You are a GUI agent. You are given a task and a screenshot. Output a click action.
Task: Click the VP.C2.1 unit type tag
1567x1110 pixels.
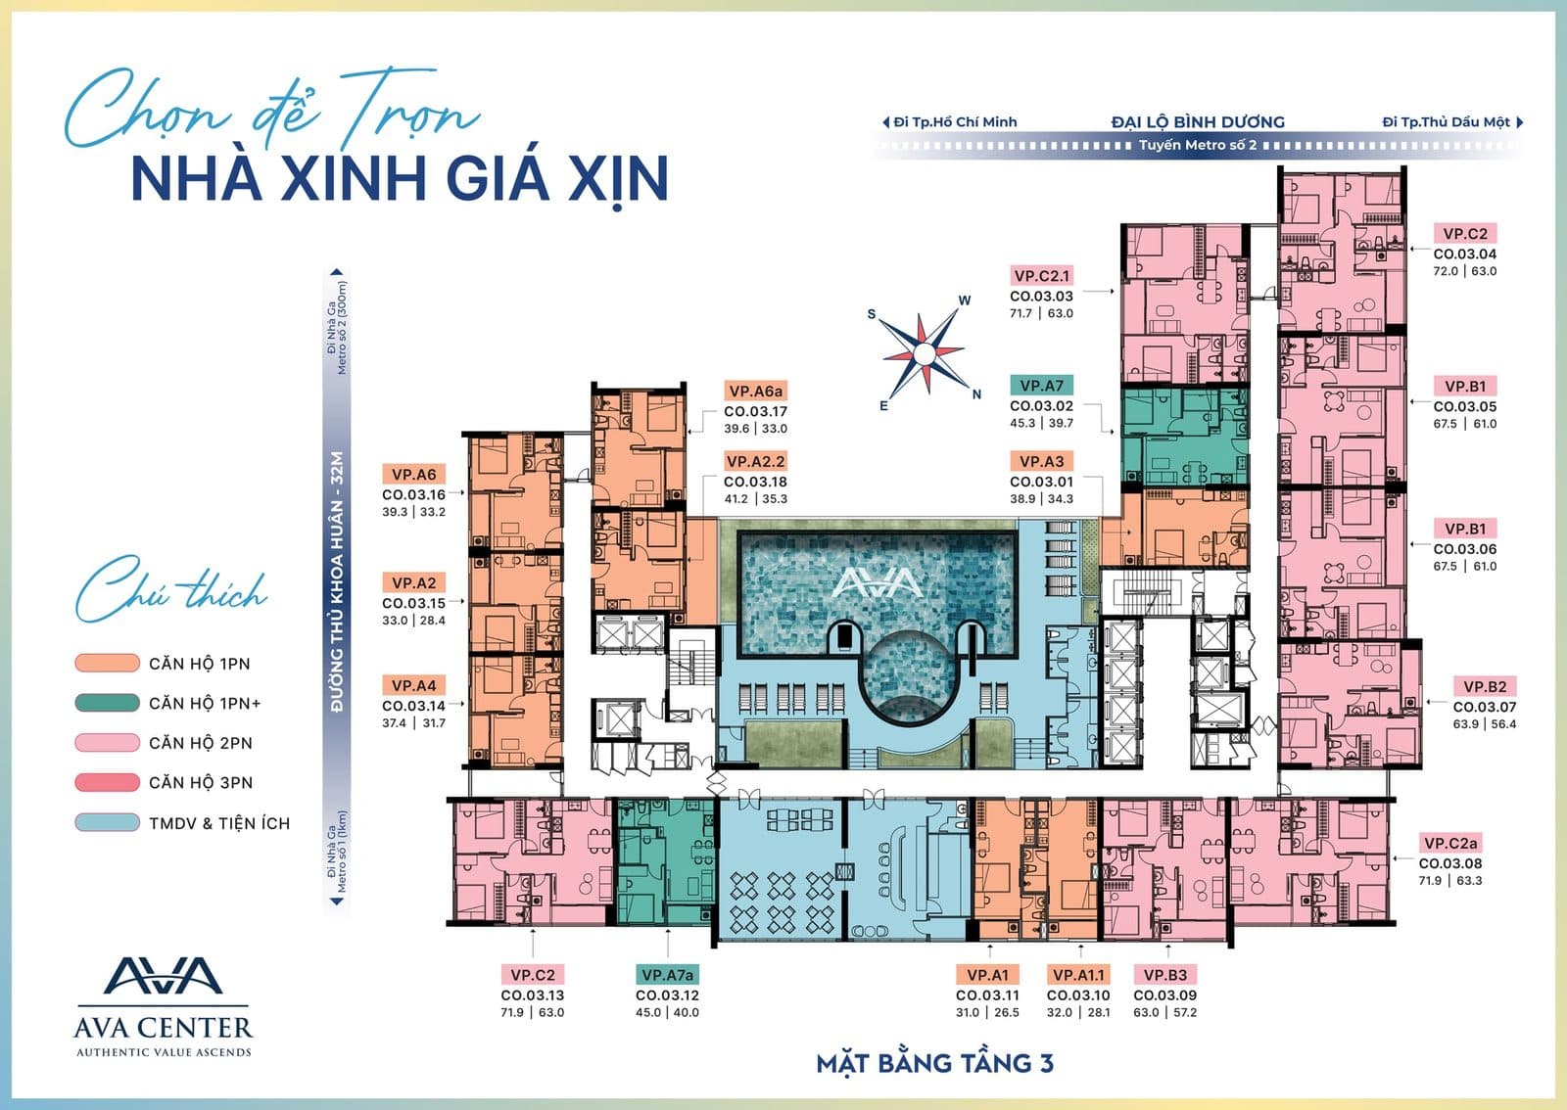[1041, 276]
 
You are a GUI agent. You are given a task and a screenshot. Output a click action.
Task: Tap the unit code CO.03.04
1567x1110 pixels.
[1465, 254]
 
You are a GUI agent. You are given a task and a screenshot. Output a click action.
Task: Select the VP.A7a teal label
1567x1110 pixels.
[667, 975]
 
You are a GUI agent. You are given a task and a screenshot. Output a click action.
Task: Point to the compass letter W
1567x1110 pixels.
[964, 301]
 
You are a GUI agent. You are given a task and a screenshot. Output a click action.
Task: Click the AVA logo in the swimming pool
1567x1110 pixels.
[878, 582]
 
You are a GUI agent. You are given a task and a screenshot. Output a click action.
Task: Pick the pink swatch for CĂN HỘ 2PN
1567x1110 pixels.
[107, 742]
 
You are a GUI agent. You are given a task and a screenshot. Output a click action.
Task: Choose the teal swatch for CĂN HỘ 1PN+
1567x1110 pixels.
[107, 703]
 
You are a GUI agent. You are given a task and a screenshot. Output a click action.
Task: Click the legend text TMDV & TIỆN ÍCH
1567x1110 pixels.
[219, 823]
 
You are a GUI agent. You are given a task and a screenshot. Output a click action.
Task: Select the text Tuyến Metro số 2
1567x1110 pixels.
[1197, 146]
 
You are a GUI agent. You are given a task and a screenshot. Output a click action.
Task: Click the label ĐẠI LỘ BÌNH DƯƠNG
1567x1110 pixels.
[1198, 122]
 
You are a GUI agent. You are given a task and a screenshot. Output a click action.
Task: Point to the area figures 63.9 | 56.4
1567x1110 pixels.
[1485, 724]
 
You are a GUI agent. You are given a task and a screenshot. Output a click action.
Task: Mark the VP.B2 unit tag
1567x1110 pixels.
[1485, 687]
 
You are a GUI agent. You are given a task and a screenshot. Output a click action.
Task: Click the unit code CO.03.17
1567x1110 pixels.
[755, 412]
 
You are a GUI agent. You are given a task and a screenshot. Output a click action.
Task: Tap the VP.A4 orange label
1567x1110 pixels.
[413, 686]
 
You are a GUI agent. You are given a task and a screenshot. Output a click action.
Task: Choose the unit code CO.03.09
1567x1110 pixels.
[1164, 995]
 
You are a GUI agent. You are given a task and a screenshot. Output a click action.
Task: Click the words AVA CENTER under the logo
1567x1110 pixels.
[163, 1028]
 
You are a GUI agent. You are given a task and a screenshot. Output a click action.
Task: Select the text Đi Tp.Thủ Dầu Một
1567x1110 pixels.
[1446, 122]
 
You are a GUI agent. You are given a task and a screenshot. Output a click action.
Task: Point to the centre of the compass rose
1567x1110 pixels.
[925, 354]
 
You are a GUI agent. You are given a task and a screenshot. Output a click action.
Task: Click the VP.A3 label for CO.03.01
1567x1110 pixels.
[1041, 461]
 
